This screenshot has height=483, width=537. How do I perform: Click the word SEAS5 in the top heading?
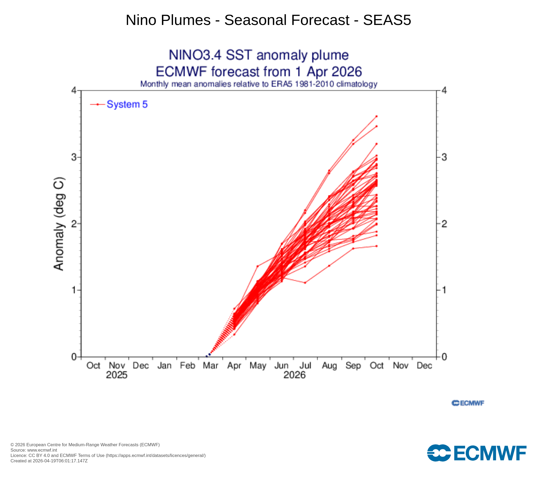[x=387, y=20]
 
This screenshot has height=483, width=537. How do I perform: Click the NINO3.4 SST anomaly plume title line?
[x=259, y=55]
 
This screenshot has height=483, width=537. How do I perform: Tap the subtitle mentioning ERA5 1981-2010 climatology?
[x=259, y=84]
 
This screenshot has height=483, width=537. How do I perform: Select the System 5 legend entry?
[x=127, y=104]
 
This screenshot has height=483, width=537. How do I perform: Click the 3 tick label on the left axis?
[x=74, y=157]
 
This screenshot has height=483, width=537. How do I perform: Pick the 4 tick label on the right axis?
[x=444, y=91]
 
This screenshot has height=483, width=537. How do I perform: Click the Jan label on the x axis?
[x=164, y=365]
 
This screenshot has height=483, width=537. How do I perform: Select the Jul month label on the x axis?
[x=305, y=365]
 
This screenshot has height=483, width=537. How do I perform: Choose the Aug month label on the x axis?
[x=329, y=365]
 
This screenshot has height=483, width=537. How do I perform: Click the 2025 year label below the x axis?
[x=117, y=375]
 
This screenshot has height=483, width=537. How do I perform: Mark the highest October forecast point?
[x=376, y=116]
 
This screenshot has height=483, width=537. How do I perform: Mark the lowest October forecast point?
[x=376, y=246]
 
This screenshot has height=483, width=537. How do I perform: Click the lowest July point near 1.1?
[x=305, y=283]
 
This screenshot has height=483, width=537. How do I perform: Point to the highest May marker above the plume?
[x=257, y=266]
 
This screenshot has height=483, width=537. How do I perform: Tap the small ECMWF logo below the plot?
[x=468, y=403]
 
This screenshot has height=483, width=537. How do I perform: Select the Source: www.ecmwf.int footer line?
[x=34, y=450]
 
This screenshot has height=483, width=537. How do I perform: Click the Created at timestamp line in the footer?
[x=49, y=461]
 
